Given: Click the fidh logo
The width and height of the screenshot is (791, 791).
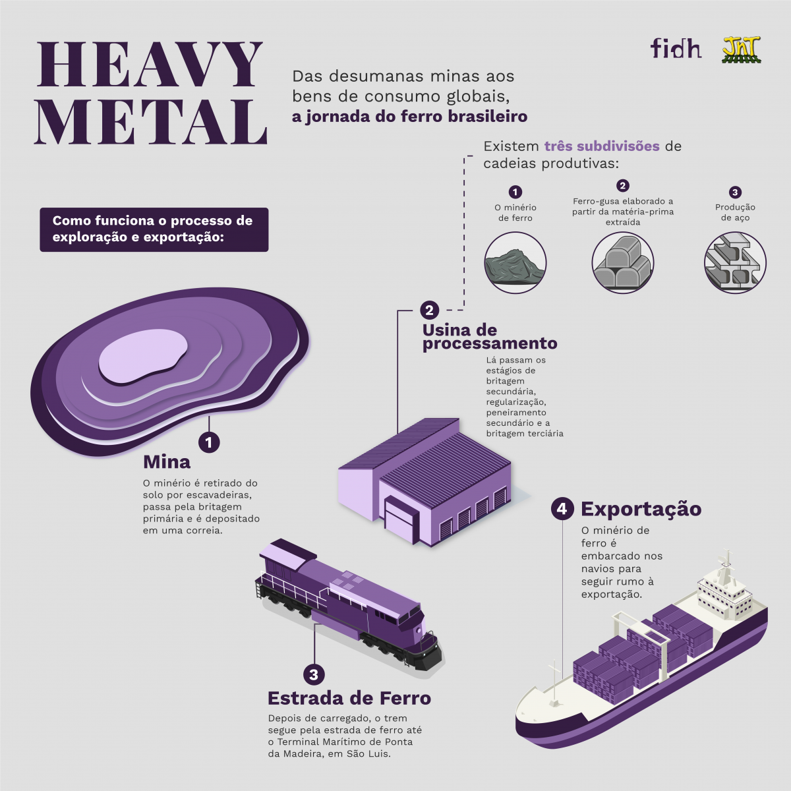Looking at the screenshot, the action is pos(676,48).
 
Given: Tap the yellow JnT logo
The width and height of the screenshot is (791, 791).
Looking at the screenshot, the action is pos(742,49).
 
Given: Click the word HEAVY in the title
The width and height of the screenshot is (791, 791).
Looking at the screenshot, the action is pos(150,64).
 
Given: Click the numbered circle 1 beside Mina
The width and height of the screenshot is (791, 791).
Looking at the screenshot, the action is pos(210,442).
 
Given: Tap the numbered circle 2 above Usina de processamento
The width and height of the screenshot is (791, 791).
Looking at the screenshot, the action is pos(429,310).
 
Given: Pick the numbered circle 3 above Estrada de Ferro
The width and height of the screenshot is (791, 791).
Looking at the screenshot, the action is pos(314,674).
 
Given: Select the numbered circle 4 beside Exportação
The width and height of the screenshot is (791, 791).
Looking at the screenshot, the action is pos(562,509).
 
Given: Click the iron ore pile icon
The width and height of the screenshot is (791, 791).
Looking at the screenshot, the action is pos(515,263).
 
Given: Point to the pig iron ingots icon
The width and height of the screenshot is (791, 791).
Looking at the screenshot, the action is pos(623,263).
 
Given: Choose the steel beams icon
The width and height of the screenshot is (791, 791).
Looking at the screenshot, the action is pos(735,263).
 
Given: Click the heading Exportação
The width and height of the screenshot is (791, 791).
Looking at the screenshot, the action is pos(641,509).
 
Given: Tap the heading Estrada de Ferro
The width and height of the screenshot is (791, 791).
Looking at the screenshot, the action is pos(349,698).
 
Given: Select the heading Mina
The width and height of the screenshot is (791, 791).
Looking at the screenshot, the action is pos(167,462).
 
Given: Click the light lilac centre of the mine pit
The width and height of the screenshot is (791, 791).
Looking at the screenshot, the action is pos(143,357).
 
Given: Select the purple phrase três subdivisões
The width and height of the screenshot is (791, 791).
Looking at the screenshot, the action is pos(602,146).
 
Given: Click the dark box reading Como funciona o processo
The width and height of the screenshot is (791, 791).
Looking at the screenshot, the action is pos(154,229).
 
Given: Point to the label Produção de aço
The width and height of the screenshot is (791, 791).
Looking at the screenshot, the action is pos(735,212).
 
